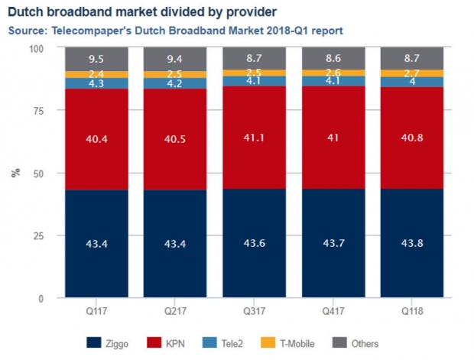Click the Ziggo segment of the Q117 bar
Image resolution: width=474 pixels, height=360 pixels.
(x=96, y=243)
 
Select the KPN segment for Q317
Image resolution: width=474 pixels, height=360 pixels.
(x=255, y=138)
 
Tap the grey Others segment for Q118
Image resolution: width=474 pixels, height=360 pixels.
(x=412, y=58)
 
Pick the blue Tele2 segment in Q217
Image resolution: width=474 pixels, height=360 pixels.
(x=175, y=83)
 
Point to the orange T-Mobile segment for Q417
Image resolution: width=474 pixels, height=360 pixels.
(x=333, y=73)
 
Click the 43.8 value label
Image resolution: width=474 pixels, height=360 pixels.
(x=412, y=243)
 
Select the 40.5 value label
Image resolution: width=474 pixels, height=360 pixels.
(x=175, y=139)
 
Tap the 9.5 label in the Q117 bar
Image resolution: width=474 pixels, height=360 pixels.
(x=96, y=59)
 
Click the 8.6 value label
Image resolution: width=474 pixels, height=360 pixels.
(x=333, y=58)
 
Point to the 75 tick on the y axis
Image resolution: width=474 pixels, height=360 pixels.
(x=38, y=111)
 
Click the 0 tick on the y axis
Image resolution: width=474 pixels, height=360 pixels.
(x=41, y=299)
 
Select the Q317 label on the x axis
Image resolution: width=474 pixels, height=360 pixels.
(x=255, y=311)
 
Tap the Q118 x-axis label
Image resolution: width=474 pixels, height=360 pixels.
(x=412, y=311)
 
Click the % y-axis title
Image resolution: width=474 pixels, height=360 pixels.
(x=16, y=173)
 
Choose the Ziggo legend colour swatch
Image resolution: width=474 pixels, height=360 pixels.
(x=94, y=342)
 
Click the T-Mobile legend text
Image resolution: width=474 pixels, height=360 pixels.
(x=297, y=344)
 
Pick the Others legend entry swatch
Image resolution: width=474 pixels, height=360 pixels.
(x=339, y=342)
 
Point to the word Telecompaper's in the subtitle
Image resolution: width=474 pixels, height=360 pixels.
(x=92, y=31)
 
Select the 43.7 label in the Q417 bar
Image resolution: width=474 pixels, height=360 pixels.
(x=333, y=243)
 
